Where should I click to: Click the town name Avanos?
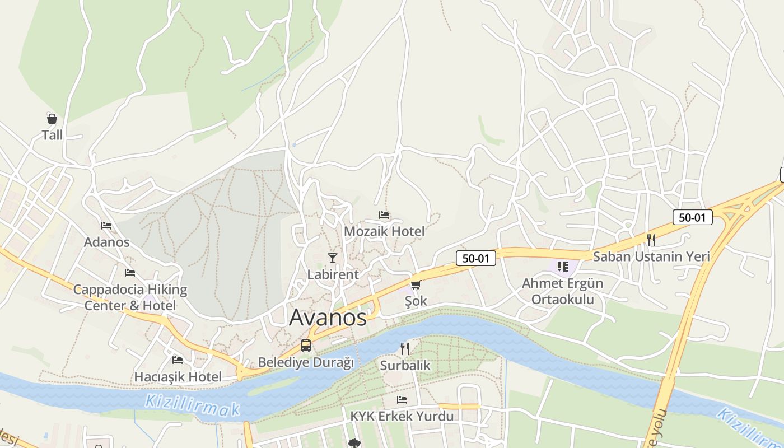click(328, 318)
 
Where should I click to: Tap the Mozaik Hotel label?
click(384, 231)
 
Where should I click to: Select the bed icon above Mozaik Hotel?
click(384, 215)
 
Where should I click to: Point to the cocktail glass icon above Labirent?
click(333, 258)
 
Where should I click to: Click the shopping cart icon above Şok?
click(416, 285)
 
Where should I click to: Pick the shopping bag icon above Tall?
click(52, 118)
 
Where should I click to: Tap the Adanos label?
click(106, 242)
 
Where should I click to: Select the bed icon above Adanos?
click(106, 226)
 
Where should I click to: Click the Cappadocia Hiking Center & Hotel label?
click(130, 297)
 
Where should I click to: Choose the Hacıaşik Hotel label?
click(178, 377)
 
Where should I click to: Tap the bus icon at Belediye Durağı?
click(306, 346)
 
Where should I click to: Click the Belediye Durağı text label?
click(306, 363)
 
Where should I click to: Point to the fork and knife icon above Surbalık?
click(405, 349)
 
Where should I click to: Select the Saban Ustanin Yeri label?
click(651, 257)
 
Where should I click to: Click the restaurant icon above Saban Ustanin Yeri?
click(651, 240)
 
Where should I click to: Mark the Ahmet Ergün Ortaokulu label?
click(563, 291)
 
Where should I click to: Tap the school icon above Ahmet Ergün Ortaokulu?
click(563, 267)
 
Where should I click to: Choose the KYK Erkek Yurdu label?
click(402, 417)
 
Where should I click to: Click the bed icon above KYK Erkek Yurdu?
click(402, 400)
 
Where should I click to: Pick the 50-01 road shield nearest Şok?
click(476, 258)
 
